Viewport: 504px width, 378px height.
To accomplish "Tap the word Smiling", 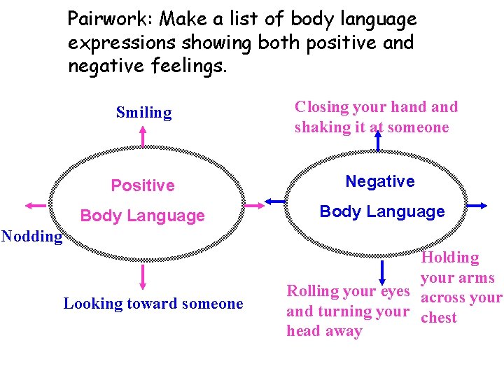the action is tap(143, 113).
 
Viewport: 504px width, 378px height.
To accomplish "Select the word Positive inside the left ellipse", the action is tap(143, 185).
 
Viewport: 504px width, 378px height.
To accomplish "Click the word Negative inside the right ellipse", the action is tap(380, 181).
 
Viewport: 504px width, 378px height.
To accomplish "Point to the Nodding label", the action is tap(31, 236).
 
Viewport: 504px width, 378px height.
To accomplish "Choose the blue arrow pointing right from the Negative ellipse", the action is tap(476, 205).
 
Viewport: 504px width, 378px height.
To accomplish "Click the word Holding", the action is tap(450, 258).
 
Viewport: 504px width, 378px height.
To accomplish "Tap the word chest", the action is tap(439, 318).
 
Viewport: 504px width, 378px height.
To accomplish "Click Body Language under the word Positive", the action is tap(143, 216).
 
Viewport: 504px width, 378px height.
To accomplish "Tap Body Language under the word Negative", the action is tap(382, 211).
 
